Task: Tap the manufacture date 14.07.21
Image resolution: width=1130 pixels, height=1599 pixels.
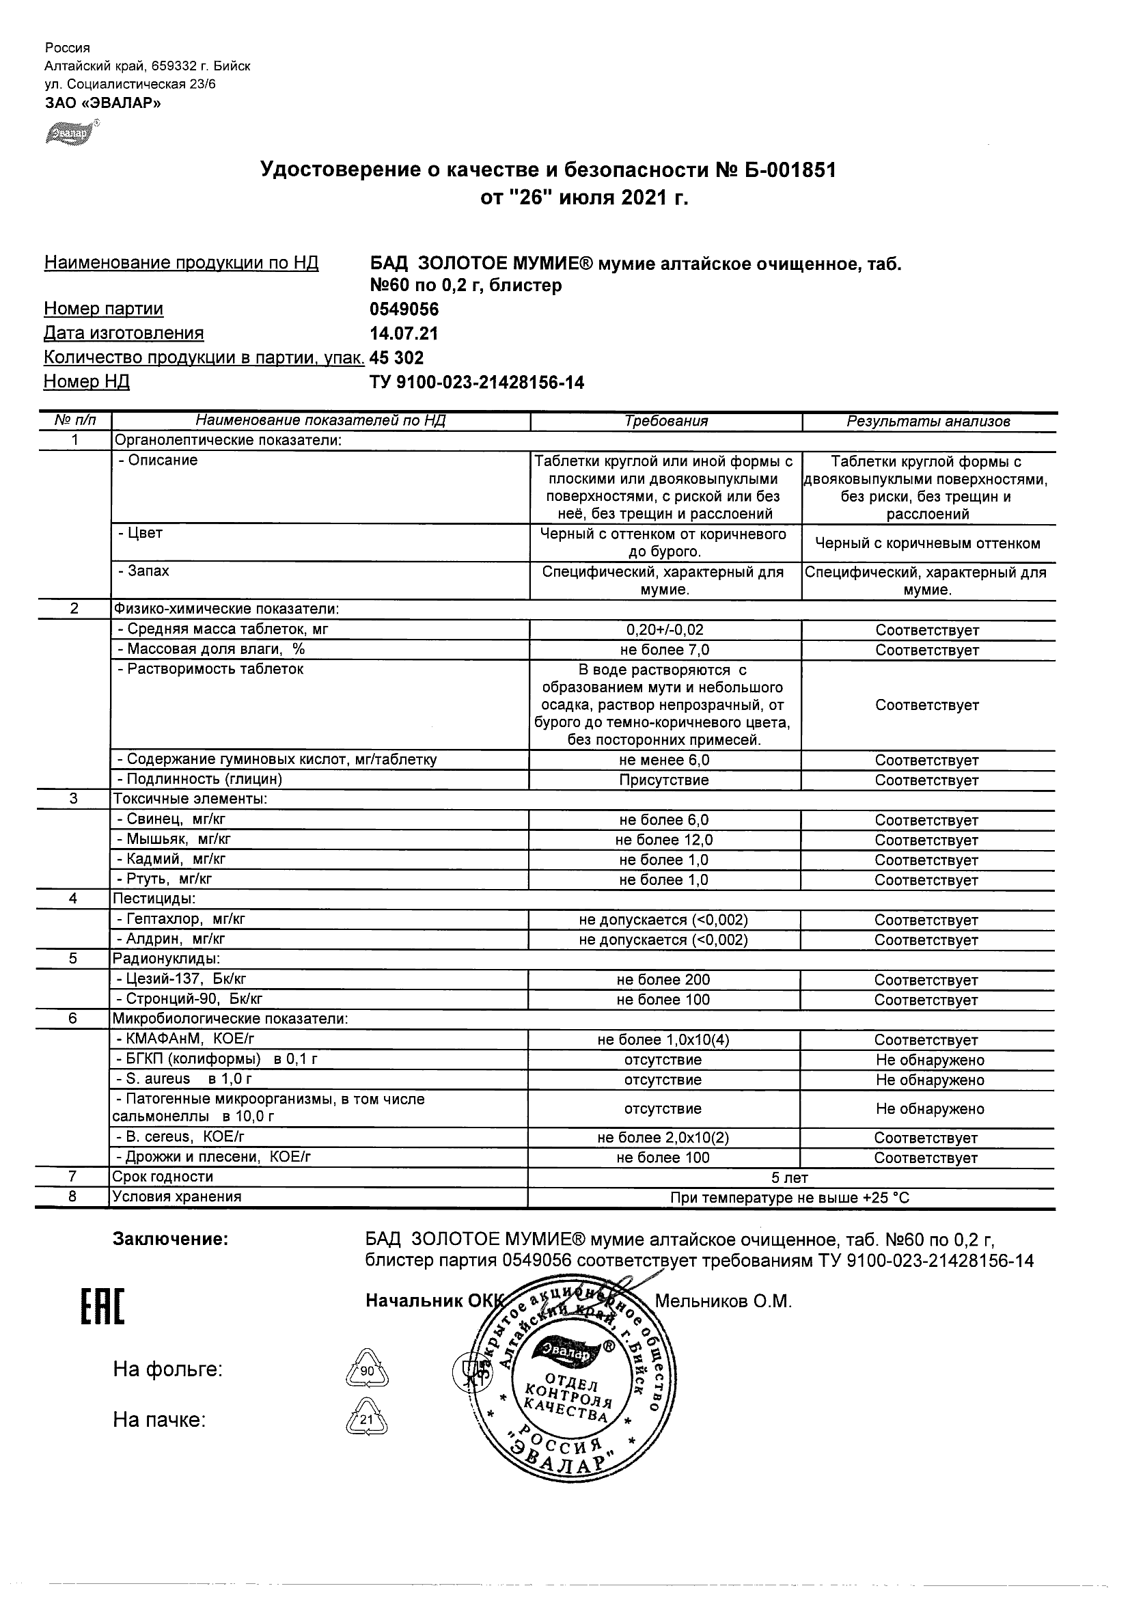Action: (404, 333)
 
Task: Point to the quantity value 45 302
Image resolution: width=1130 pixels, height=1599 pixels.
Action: (396, 358)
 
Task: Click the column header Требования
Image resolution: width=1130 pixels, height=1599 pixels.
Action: (665, 422)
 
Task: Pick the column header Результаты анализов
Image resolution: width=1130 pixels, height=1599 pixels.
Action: (928, 422)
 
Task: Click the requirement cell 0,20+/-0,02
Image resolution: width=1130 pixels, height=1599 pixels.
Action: (665, 630)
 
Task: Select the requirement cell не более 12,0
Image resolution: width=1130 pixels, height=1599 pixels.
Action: (664, 840)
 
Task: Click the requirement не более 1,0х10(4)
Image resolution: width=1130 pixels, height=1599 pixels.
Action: (663, 1040)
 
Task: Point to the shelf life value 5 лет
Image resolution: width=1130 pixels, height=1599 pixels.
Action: (790, 1177)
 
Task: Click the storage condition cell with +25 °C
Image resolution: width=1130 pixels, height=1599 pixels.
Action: (790, 1198)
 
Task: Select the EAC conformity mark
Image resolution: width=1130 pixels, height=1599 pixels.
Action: (103, 1307)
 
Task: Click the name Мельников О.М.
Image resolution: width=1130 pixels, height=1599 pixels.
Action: (724, 1302)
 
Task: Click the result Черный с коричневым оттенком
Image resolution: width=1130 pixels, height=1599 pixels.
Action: (927, 543)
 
